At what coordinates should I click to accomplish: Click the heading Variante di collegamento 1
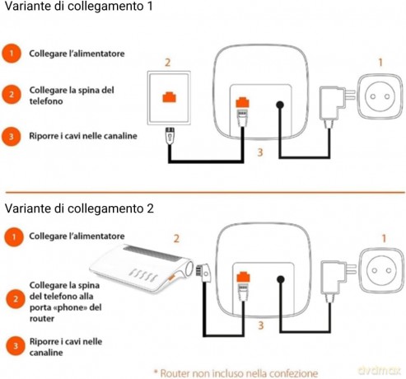point(78,6)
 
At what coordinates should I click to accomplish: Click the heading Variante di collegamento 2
point(79,208)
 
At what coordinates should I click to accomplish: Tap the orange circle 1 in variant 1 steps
point(12,54)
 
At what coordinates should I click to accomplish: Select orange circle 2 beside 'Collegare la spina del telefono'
point(12,95)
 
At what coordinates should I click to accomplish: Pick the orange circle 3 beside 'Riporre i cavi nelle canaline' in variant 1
point(12,136)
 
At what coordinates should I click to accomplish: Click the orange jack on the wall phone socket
point(169,97)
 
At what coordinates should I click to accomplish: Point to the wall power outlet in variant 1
point(380,96)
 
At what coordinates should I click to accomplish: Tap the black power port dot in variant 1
point(280,105)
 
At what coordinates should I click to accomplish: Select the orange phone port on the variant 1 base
point(242,102)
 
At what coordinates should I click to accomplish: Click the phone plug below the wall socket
point(170,135)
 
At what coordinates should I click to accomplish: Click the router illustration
point(142,268)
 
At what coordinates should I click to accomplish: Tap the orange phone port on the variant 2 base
point(243,277)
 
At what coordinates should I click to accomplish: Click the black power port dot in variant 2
point(281,280)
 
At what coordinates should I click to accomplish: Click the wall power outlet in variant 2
point(381,270)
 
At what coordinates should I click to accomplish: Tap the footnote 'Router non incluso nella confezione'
point(236,373)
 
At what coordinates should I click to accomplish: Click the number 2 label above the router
point(176,238)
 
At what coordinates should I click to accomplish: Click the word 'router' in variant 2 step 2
point(42,319)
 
